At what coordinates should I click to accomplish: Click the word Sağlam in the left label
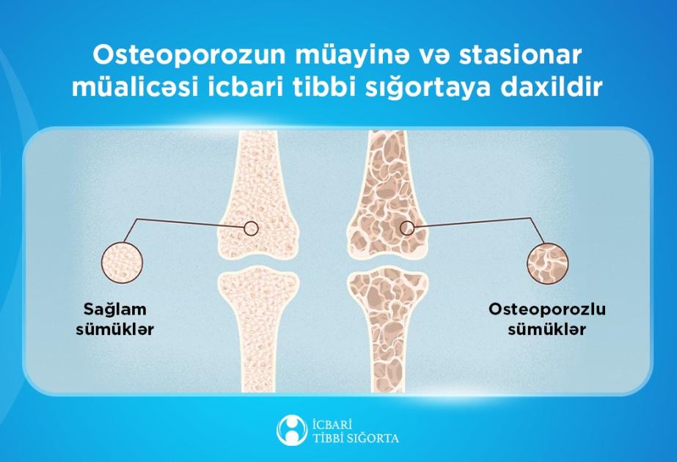click(115, 310)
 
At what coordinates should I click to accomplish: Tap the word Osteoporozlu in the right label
click(546, 309)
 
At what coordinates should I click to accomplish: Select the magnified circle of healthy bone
click(122, 262)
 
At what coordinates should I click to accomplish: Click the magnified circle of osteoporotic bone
click(547, 263)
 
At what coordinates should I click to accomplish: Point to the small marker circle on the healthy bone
click(251, 228)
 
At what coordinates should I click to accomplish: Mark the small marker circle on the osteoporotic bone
click(407, 227)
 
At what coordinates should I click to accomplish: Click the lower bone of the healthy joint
click(258, 329)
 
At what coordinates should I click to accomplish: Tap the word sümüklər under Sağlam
click(115, 329)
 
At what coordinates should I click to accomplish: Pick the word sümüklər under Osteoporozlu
click(546, 329)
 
